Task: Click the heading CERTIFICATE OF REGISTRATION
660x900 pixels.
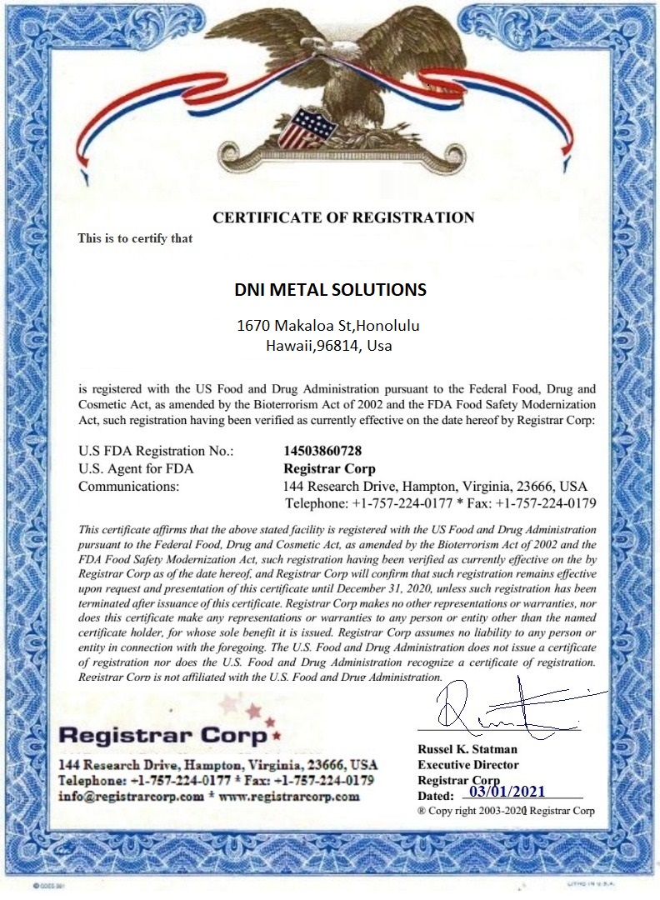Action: pyautogui.click(x=343, y=218)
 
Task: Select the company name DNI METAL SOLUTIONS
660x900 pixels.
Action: pyautogui.click(x=330, y=290)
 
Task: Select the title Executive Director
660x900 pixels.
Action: pyautogui.click(x=468, y=764)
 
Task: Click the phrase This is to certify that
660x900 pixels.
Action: pyautogui.click(x=135, y=238)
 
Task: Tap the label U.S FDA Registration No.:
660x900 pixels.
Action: pyautogui.click(x=156, y=451)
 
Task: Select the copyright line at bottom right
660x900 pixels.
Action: pyautogui.click(x=506, y=811)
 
